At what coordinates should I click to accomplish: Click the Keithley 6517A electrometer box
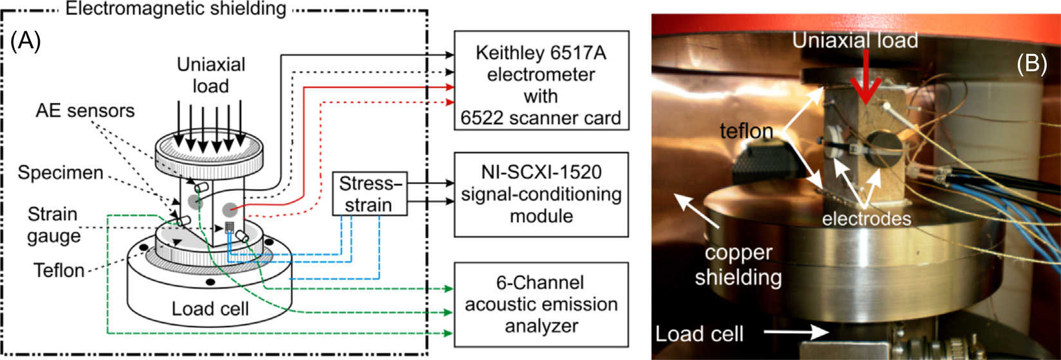(541, 80)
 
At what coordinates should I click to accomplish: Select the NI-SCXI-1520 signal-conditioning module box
(541, 194)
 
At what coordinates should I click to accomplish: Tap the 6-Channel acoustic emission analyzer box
(541, 304)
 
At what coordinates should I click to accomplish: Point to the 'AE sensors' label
(85, 111)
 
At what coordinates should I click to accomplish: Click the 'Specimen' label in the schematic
(60, 173)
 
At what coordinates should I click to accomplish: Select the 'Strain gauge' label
(53, 224)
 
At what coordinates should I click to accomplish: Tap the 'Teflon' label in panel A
(59, 270)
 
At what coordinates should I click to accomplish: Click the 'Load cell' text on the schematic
(210, 309)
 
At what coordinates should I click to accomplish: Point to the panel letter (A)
(26, 42)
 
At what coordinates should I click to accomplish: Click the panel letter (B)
(1031, 63)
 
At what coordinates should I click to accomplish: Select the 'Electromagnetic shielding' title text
(176, 9)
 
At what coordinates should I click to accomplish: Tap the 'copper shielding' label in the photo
(738, 265)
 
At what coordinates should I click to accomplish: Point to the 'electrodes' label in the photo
(866, 219)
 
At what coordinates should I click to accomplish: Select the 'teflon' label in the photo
(746, 131)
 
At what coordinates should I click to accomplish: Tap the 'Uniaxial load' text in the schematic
(211, 75)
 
